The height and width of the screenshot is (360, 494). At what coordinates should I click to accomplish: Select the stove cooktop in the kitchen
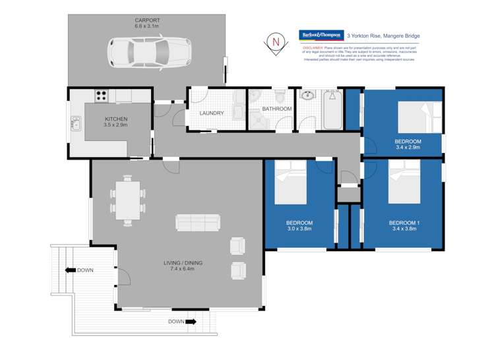click(101, 95)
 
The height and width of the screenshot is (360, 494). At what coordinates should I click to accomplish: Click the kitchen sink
click(75, 123)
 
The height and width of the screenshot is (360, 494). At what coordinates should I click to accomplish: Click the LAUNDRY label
click(212, 113)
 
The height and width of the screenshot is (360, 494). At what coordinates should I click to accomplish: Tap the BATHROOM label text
click(276, 109)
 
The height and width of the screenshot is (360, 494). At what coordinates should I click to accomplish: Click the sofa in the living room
click(197, 223)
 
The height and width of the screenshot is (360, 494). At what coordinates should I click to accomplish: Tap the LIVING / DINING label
click(183, 263)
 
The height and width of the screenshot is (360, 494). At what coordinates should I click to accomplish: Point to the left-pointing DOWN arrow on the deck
click(69, 270)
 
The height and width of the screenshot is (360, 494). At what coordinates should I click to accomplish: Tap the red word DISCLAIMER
click(313, 48)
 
